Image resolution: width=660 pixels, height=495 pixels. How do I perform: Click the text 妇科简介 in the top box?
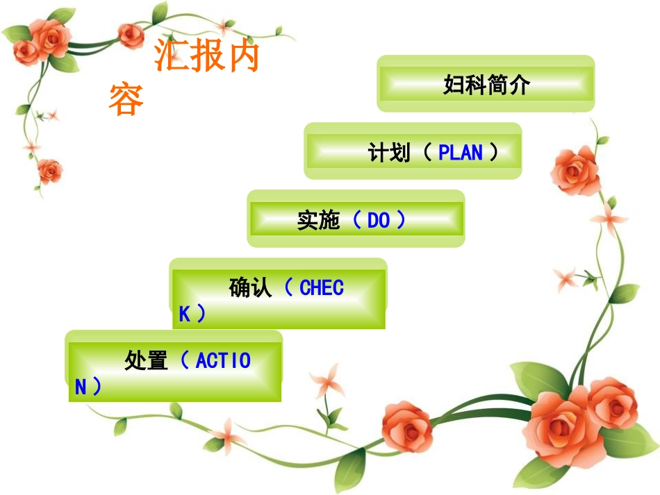[x=486, y=85]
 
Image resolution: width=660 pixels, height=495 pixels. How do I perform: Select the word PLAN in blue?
[x=460, y=152]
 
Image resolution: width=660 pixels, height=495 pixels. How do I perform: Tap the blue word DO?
[x=379, y=221]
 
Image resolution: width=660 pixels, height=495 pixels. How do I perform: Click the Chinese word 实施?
[x=318, y=221]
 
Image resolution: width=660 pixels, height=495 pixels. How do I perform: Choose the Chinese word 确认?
[x=251, y=287]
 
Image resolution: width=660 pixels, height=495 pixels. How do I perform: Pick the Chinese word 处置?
[x=147, y=360]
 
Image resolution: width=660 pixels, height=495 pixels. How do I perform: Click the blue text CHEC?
[x=321, y=287]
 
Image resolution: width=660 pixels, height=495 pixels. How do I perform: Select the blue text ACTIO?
[x=223, y=360]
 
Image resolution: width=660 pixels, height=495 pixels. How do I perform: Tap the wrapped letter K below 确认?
[x=185, y=314]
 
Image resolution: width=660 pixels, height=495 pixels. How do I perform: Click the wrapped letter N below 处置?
[x=81, y=387]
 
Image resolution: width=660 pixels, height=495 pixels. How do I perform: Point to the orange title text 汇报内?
[x=206, y=57]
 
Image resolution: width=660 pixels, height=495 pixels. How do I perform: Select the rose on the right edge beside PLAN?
[x=575, y=169]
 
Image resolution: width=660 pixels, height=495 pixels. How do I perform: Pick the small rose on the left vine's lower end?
[x=49, y=169]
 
